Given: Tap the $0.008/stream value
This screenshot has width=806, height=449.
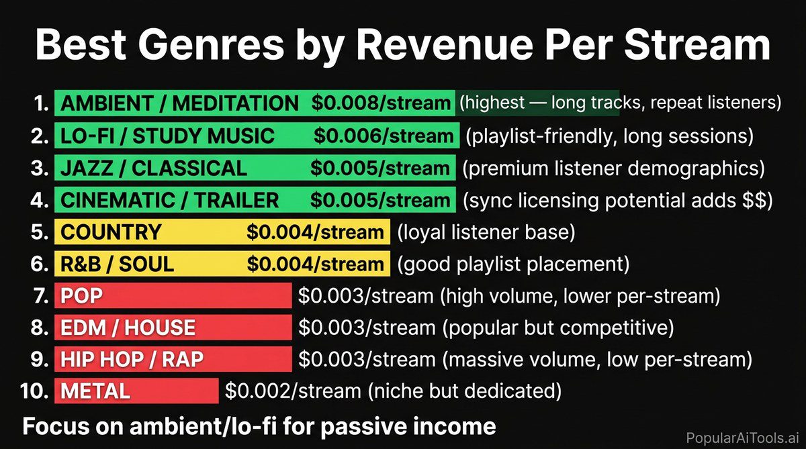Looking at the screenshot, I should tap(380, 104).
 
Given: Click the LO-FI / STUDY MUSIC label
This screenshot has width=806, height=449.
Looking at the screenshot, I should tap(167, 136).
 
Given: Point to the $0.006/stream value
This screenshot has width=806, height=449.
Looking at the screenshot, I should tap(383, 136).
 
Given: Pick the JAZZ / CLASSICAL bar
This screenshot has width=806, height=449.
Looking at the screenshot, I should tap(252, 168).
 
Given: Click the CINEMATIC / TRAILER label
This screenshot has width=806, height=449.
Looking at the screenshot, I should tap(169, 200).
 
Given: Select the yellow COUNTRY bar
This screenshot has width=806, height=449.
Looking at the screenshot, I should tap(222, 232).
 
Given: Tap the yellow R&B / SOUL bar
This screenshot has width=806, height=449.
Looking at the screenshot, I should tap(222, 264).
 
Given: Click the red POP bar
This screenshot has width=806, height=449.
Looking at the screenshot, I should tap(173, 296).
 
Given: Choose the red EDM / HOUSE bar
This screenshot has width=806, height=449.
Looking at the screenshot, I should tap(173, 328).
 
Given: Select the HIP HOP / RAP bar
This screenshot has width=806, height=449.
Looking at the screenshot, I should tap(173, 360).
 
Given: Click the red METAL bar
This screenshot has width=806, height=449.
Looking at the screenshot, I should tap(136, 391).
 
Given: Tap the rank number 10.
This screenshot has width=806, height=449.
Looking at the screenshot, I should tap(34, 391).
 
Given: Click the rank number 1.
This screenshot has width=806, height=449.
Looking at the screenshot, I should tap(42, 104).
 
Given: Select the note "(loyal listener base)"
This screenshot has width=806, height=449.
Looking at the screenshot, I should tap(486, 233).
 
